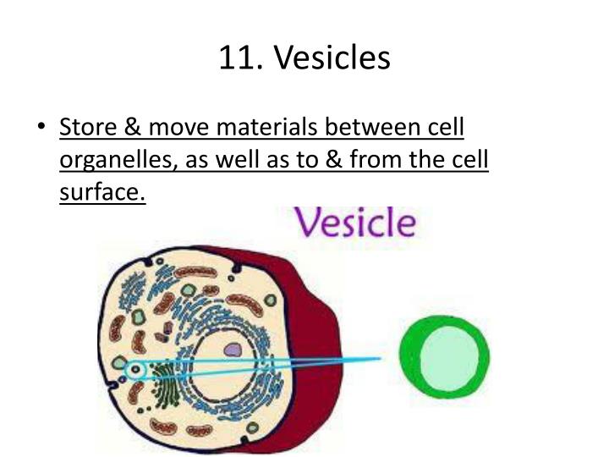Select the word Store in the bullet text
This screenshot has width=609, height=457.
(87, 128)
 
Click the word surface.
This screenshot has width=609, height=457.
(102, 194)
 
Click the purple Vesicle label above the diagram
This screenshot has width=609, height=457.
(354, 224)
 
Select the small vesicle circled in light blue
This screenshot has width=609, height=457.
(134, 370)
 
